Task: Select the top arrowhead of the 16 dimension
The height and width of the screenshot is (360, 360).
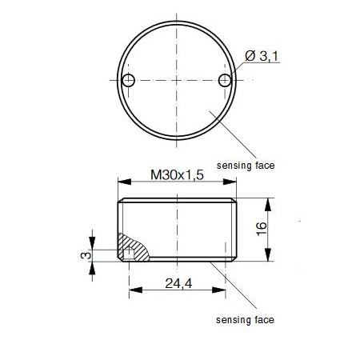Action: pos(267,202)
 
